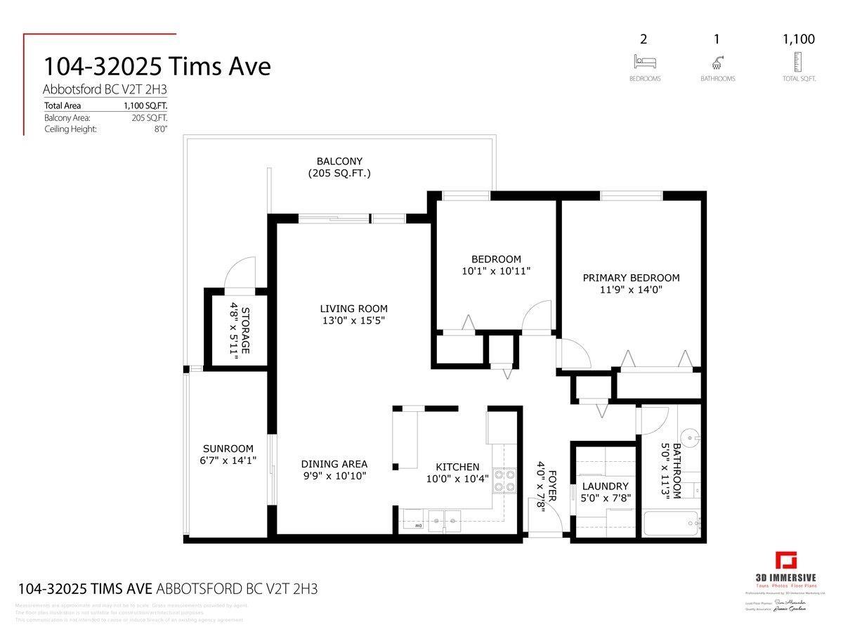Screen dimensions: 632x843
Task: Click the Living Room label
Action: coord(353,309)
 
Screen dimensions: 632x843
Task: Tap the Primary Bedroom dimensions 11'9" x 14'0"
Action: coord(631,289)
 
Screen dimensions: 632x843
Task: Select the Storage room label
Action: coord(245,330)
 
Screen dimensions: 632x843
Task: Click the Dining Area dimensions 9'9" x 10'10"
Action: coord(334,475)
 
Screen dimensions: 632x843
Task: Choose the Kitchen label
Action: coord(457,467)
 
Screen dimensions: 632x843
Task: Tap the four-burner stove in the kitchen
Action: coord(503,479)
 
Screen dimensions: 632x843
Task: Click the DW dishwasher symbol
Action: coord(417,525)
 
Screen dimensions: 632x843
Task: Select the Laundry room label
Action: coord(604,486)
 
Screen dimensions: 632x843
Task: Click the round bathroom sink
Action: coord(692,439)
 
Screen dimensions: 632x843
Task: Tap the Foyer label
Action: coord(551,485)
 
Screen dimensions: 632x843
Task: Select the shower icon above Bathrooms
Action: coord(717,62)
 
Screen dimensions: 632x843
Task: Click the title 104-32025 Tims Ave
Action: coord(157,67)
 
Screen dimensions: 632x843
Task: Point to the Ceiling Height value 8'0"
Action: coord(160,129)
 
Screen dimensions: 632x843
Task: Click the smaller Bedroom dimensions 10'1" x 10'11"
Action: coord(496,271)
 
